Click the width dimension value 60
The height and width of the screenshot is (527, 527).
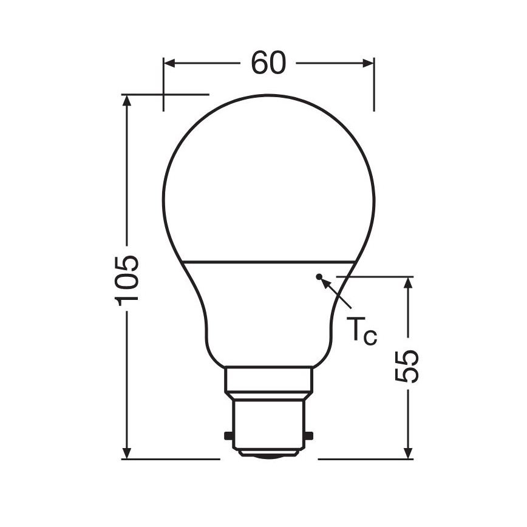pos(268,63)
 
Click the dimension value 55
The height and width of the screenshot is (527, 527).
pos(408,366)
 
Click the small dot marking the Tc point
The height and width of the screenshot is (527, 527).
pos(319,277)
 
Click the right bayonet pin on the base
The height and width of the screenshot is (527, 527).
pos(310,435)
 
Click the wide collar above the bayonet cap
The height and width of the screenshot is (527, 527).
pos(269,380)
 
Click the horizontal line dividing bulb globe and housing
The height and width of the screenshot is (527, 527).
pos(269,262)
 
